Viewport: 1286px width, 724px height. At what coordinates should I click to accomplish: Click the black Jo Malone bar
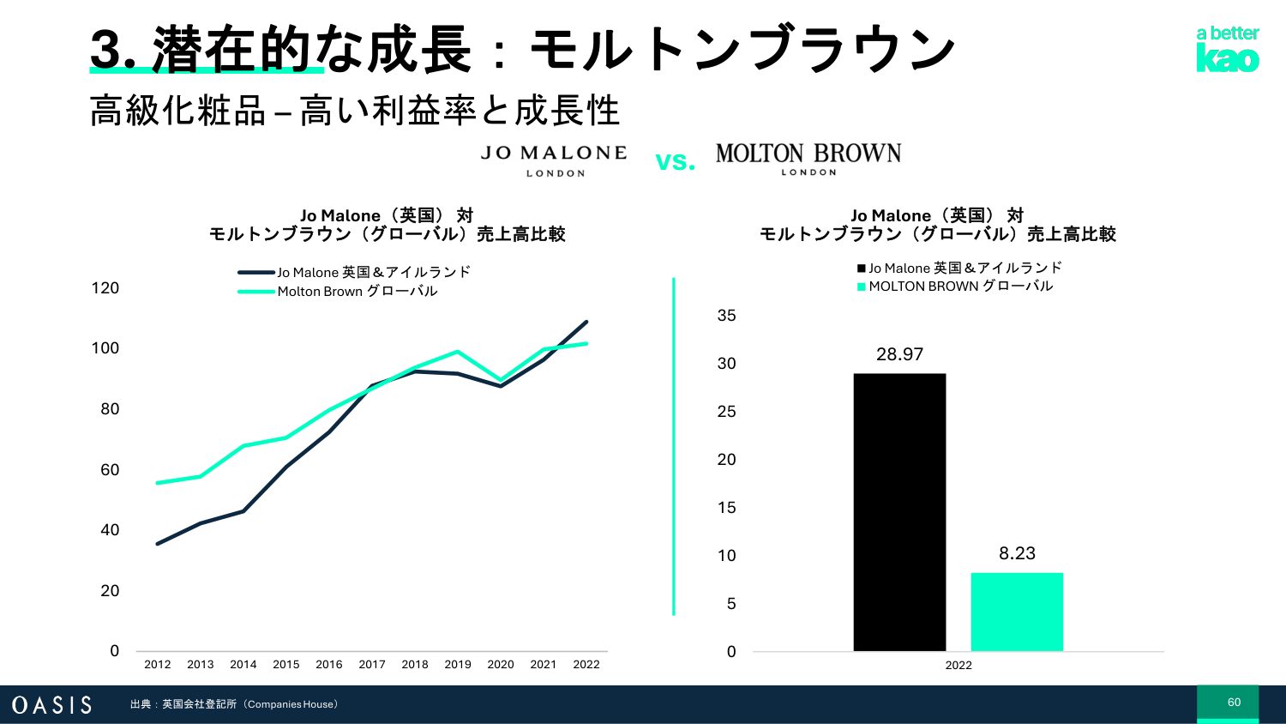(899, 512)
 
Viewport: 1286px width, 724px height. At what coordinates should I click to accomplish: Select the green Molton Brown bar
(1017, 612)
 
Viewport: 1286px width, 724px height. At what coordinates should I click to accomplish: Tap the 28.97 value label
(899, 354)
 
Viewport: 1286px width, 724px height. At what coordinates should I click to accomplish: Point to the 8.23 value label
(1017, 553)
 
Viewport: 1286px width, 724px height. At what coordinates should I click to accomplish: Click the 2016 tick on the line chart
(329, 664)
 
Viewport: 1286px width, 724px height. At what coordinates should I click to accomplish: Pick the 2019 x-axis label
(458, 664)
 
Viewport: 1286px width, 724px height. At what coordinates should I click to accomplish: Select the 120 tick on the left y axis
(105, 288)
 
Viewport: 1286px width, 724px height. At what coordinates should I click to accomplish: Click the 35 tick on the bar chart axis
(726, 316)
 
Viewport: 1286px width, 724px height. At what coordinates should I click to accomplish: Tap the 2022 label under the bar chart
(958, 665)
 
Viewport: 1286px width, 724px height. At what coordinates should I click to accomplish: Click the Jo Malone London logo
(554, 160)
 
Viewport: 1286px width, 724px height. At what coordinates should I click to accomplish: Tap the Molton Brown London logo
(808, 159)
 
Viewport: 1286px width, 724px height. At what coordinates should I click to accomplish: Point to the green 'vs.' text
(675, 161)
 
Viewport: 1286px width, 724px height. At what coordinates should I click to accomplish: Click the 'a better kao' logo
(1228, 49)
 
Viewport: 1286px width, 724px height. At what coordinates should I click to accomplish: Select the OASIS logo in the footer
(51, 705)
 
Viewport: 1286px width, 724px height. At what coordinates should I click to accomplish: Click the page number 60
(1234, 703)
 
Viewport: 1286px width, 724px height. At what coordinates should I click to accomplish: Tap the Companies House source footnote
(235, 704)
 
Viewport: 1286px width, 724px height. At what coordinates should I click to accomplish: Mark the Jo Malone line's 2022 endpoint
(586, 323)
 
